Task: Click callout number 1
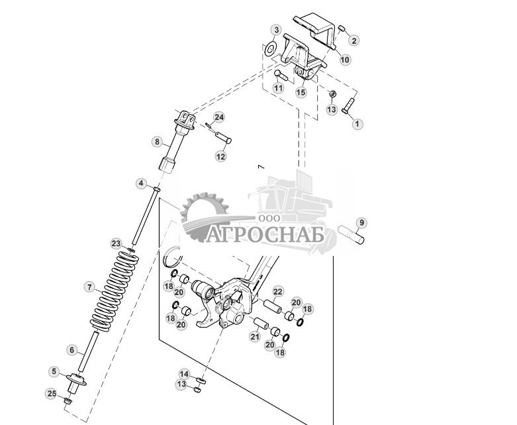(357, 124)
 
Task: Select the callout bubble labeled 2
(354, 40)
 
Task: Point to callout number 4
(141, 183)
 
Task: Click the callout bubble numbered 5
(54, 372)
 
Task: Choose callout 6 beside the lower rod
(72, 350)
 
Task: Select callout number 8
(157, 142)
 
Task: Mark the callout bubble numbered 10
(345, 60)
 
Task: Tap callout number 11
(279, 88)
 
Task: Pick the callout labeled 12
(221, 156)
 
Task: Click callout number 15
(301, 93)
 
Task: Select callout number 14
(184, 374)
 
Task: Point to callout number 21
(255, 337)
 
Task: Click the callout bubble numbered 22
(278, 292)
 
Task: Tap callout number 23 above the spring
(116, 244)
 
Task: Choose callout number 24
(219, 117)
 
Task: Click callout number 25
(52, 394)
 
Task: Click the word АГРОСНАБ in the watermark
(265, 235)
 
